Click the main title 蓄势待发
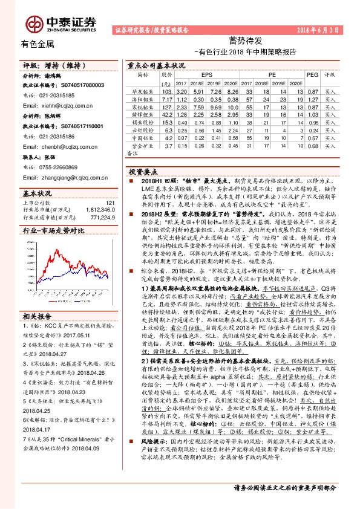[x=245, y=41]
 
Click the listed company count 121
[x=110, y=203]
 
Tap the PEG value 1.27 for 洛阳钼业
[x=313, y=98]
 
